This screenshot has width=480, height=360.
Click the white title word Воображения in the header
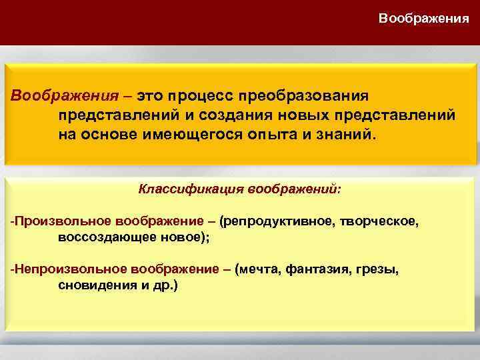(x=423, y=18)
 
